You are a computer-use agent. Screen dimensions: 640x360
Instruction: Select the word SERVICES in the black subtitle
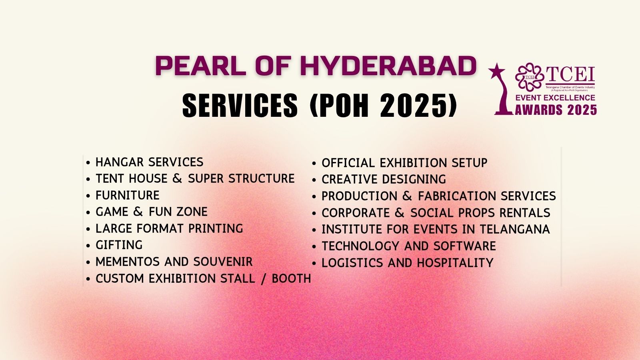[240, 106]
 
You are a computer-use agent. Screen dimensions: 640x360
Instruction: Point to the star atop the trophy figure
[496, 70]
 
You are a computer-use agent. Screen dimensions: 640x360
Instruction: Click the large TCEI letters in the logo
[570, 74]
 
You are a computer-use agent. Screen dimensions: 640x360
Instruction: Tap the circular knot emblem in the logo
[530, 76]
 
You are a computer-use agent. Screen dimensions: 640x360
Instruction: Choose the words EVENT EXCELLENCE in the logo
[555, 98]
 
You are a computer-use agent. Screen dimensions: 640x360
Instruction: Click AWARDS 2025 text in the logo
[556, 110]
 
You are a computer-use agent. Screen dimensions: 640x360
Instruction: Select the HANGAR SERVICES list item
[150, 162]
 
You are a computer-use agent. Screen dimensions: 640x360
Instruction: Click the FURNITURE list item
[128, 196]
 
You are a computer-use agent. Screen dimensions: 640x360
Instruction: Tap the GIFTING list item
[119, 245]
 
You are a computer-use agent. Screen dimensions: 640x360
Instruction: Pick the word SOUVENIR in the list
[223, 262]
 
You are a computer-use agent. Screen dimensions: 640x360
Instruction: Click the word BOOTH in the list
[291, 278]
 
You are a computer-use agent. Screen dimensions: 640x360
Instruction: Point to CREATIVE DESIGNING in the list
[384, 180]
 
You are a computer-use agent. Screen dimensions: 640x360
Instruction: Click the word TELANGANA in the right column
[514, 229]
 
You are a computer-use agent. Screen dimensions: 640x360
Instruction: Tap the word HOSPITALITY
[455, 263]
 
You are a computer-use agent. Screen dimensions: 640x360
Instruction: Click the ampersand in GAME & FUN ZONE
[138, 212]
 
